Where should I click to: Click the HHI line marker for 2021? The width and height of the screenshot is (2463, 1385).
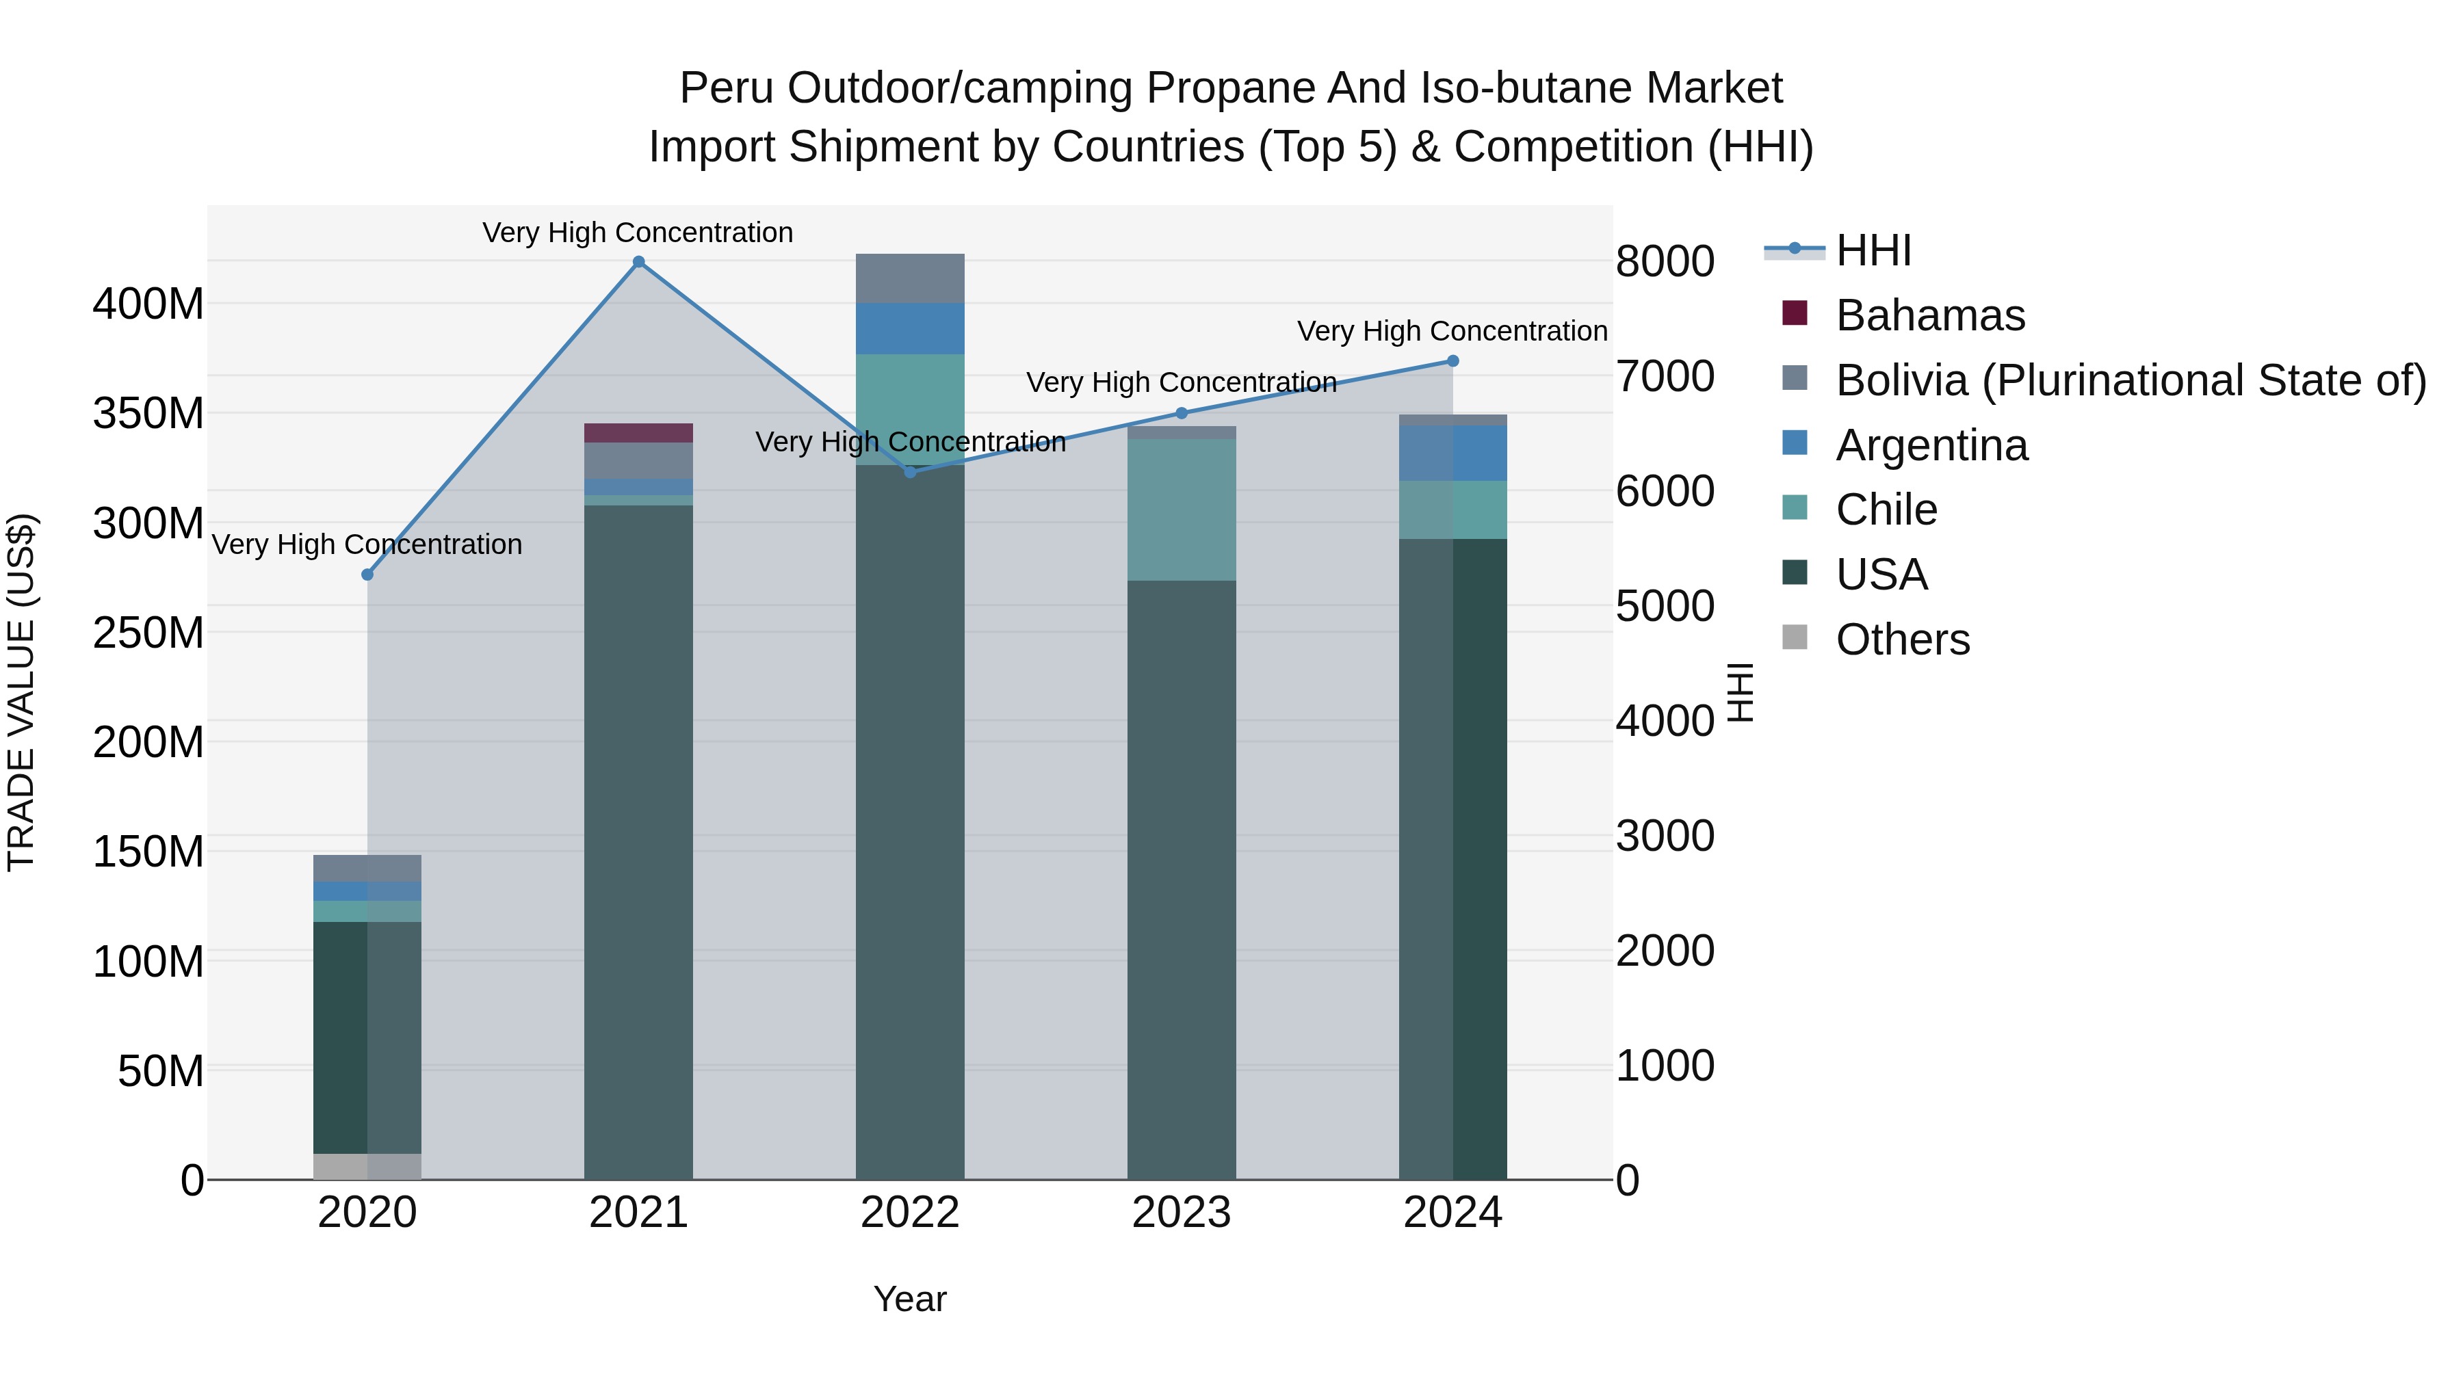pos(639,262)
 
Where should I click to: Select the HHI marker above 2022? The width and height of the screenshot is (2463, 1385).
pos(910,471)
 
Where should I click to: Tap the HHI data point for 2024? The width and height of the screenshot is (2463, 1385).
pos(1452,360)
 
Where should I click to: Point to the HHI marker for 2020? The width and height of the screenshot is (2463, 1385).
pos(367,575)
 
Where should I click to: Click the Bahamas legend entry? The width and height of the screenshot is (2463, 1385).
pos(1929,315)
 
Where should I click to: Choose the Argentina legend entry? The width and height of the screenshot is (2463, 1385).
pos(1931,445)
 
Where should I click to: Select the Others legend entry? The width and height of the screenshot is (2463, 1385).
pos(1902,639)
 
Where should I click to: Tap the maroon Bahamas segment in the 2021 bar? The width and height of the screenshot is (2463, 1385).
pos(639,433)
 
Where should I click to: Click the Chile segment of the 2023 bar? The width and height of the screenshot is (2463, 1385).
pos(1181,510)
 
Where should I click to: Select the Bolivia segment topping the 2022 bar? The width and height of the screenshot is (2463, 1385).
pos(910,278)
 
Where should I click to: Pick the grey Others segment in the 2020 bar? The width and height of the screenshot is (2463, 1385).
pos(367,1166)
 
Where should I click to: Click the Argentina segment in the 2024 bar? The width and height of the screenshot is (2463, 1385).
pos(1452,453)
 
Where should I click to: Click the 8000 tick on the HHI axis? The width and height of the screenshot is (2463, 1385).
pos(1665,262)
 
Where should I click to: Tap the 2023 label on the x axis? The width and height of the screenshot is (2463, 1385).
pos(1181,1213)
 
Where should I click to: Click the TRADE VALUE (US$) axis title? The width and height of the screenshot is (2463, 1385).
pos(21,692)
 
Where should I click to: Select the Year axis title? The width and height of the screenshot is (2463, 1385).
pos(909,1299)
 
